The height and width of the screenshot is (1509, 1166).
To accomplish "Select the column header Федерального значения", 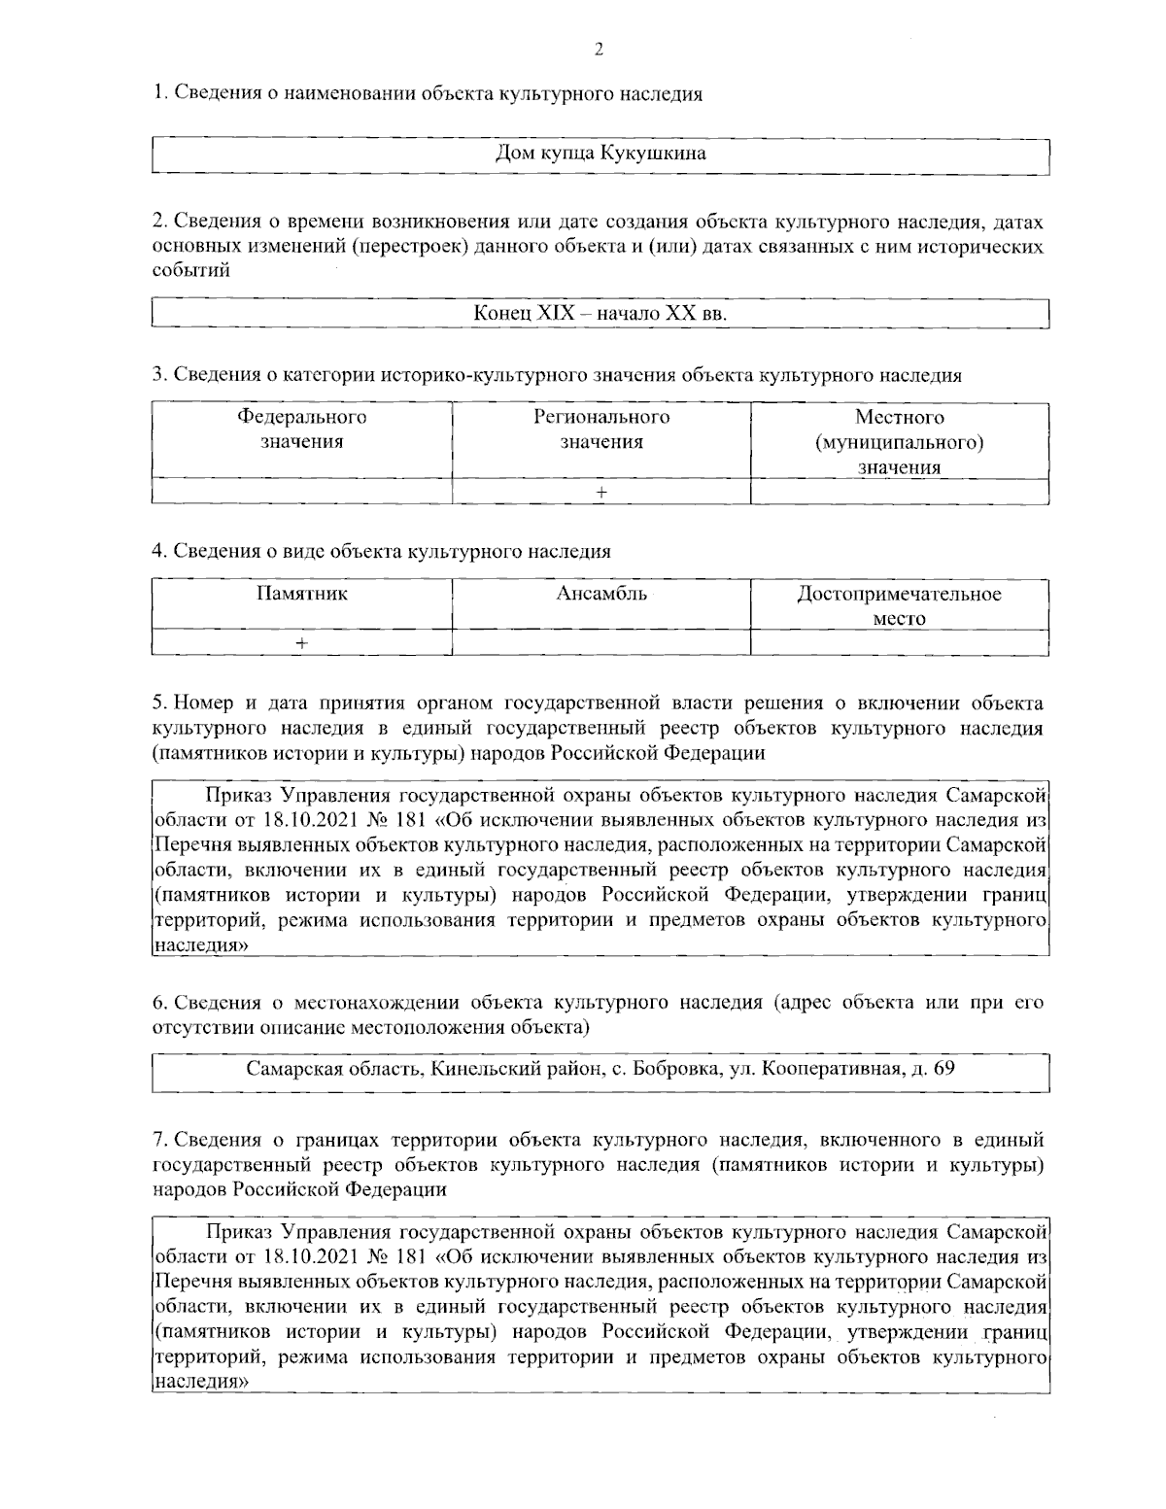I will coord(302,429).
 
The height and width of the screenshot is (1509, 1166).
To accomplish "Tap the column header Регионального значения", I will coord(601,429).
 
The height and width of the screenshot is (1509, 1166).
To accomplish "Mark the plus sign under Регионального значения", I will coord(601,493).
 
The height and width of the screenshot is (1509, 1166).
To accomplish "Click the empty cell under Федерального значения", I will coord(302,493).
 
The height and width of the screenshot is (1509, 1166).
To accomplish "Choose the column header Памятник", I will coord(302,594).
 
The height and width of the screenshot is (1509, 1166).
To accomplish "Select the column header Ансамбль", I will coord(601,594).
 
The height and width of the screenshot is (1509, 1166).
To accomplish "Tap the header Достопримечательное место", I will coord(899,605).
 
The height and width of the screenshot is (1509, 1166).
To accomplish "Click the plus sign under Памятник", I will coord(302,643).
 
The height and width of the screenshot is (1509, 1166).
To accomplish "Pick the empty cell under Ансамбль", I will coord(601,643).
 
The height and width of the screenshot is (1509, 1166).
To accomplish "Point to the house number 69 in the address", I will coord(943,1070).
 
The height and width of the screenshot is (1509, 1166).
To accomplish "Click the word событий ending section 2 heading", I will coord(191,270).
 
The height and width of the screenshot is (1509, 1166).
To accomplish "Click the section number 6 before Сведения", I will coord(159,1002).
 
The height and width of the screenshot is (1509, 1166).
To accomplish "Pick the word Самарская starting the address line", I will coord(291,1070).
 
